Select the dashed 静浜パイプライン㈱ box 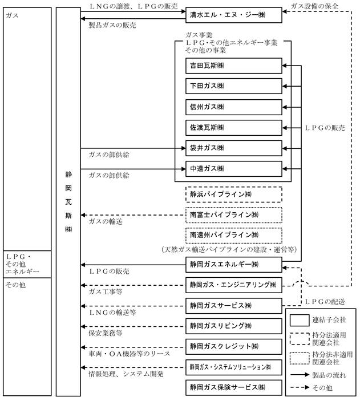[234, 195]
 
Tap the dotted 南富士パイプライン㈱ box [234, 215]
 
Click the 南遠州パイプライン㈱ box [234, 235]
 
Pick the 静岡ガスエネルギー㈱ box [234, 265]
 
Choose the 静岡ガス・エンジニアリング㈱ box [234, 284]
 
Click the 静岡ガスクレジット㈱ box [234, 346]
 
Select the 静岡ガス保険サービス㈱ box [234, 387]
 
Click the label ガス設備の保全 [314, 5]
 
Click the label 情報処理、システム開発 [126, 374]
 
